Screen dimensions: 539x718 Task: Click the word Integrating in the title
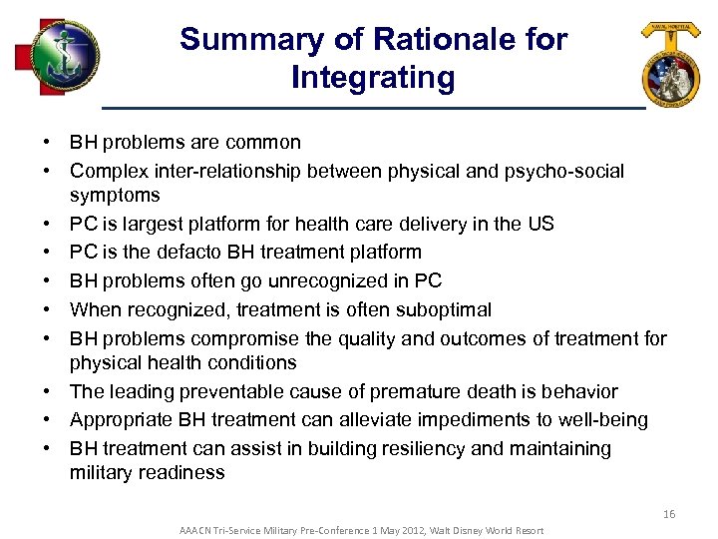tap(373, 77)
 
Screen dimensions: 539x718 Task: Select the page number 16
tap(668, 514)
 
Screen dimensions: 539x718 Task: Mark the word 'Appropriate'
tap(120, 420)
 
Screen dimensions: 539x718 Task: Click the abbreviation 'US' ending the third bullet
tap(540, 224)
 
